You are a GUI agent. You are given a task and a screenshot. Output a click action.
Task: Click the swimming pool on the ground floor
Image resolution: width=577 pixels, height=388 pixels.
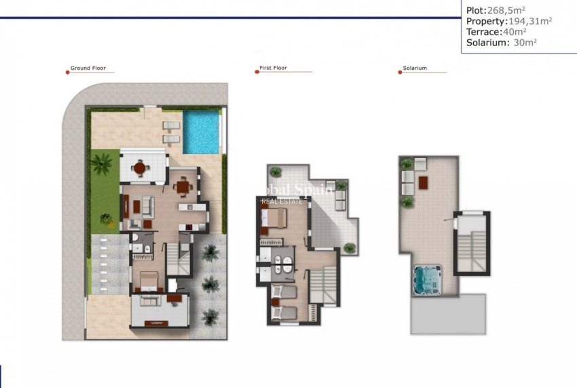[201, 132]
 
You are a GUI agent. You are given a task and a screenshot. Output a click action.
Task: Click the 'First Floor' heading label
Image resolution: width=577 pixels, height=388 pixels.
[274, 69]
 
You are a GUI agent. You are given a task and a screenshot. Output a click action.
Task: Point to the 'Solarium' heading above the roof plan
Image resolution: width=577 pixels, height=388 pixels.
[415, 69]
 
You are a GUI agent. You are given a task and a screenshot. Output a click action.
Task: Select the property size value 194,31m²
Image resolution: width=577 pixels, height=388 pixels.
[527, 20]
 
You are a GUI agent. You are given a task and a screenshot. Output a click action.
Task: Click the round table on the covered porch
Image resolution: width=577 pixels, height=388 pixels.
[140, 167]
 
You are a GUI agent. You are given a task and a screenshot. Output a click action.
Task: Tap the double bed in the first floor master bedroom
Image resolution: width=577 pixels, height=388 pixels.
[276, 218]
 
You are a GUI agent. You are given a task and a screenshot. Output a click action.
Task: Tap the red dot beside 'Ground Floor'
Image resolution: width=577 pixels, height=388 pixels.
[67, 69]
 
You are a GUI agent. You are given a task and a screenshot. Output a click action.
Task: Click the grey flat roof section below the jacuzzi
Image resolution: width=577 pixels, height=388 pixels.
[448, 314]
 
